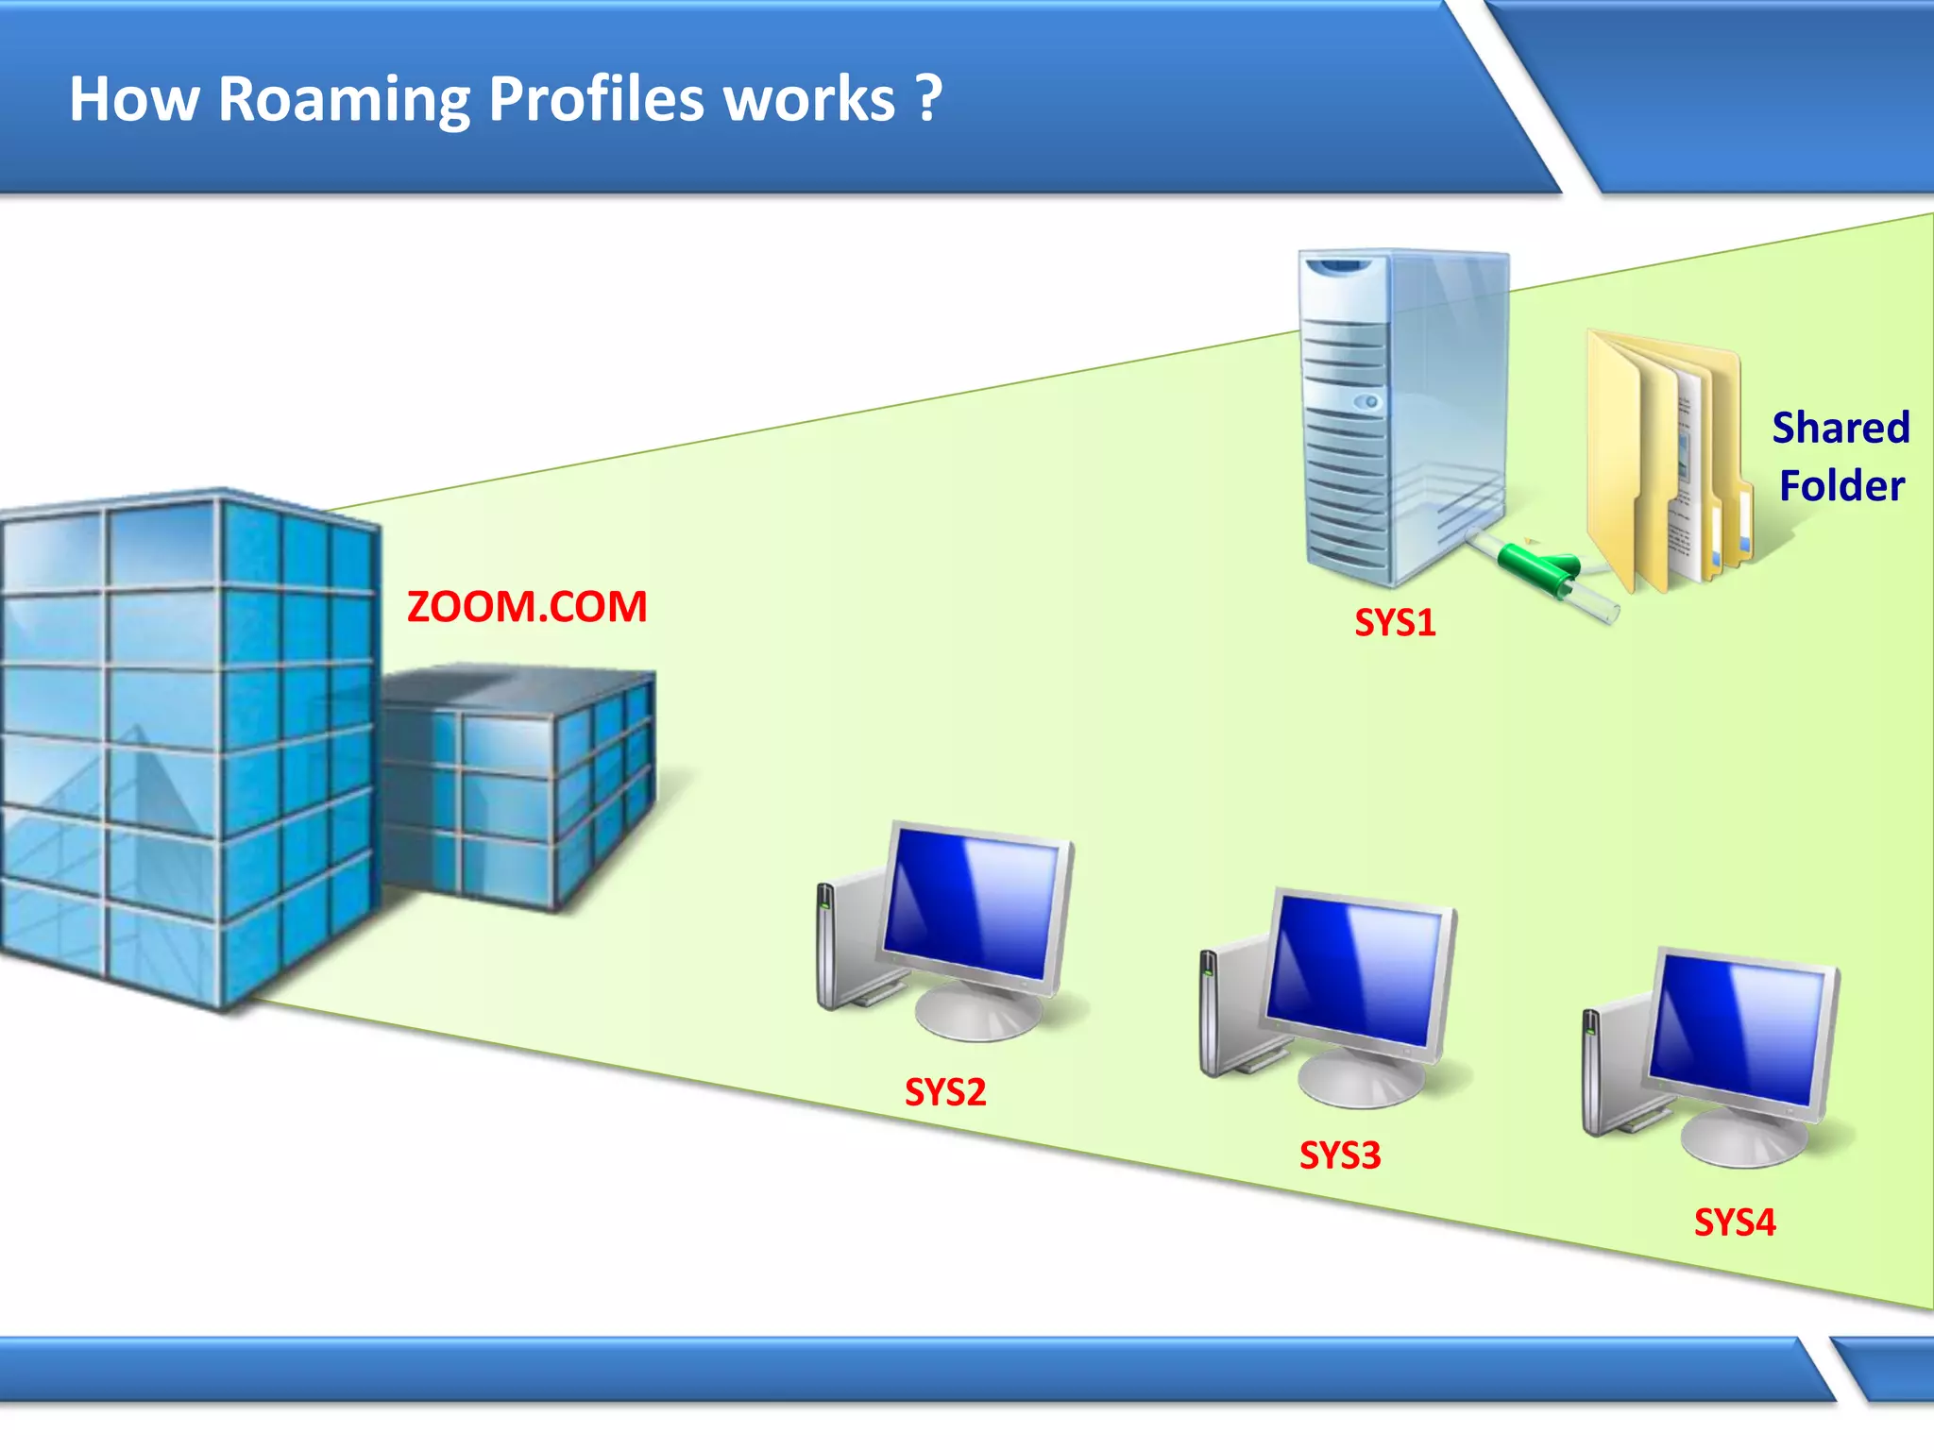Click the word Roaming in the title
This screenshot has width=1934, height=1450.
[344, 100]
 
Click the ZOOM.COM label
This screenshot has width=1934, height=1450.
[527, 607]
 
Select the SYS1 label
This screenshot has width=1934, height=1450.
[1395, 623]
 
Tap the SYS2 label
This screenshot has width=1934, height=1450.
[945, 1093]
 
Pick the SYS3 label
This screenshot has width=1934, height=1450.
[1340, 1156]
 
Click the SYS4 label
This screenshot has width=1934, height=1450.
[1735, 1223]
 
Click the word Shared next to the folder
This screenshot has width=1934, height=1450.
[1841, 428]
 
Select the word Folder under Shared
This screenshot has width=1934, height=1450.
[1841, 486]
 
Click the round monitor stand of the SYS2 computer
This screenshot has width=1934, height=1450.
[977, 1015]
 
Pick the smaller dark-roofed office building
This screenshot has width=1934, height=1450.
[519, 784]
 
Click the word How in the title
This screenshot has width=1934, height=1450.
[133, 100]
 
